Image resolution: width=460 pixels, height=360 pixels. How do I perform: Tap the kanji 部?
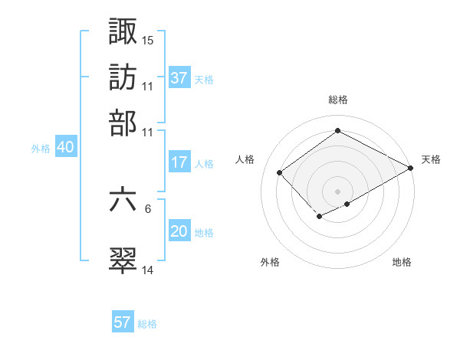click(x=123, y=122)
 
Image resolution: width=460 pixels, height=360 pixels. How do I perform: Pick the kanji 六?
click(x=123, y=199)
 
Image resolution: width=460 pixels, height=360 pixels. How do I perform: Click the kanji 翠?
click(x=123, y=260)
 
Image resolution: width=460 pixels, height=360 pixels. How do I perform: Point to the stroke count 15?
click(x=148, y=40)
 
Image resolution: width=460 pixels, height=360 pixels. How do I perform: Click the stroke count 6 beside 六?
click(x=148, y=208)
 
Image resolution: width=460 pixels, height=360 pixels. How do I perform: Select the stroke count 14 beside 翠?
click(x=148, y=270)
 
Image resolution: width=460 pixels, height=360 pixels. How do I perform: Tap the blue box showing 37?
click(x=179, y=77)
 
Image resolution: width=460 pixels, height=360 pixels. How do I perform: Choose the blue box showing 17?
click(x=179, y=162)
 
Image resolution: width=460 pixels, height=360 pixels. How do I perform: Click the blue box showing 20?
click(x=179, y=232)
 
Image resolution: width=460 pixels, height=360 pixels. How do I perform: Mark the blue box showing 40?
click(x=65, y=148)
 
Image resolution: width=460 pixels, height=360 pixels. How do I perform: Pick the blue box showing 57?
click(x=123, y=322)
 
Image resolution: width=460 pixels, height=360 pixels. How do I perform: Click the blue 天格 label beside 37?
click(x=204, y=79)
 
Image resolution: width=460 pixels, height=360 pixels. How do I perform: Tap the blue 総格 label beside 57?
click(x=147, y=324)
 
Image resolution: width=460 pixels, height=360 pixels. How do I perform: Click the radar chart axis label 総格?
click(x=337, y=100)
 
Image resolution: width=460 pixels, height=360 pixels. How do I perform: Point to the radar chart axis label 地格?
click(x=402, y=262)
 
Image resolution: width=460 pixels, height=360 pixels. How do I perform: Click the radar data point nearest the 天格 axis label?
click(x=411, y=168)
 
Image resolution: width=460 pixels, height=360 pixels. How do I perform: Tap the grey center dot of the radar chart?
click(x=337, y=191)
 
